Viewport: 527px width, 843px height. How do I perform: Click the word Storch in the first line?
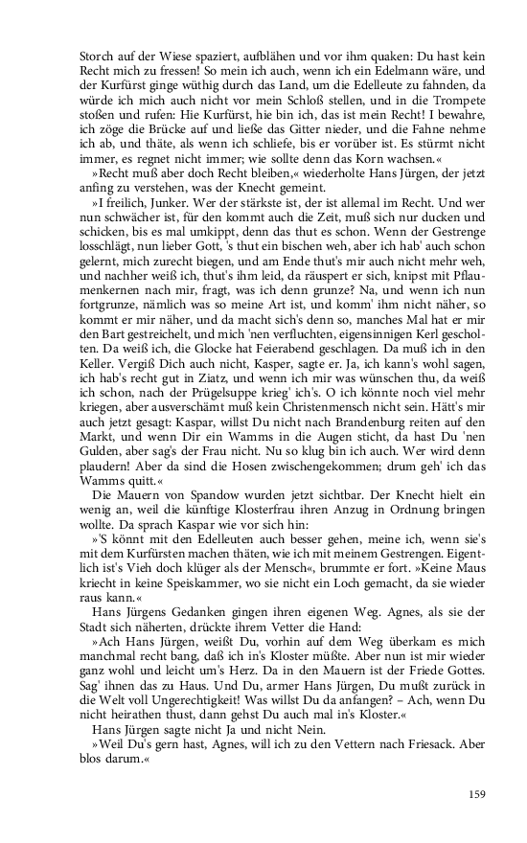96,56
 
